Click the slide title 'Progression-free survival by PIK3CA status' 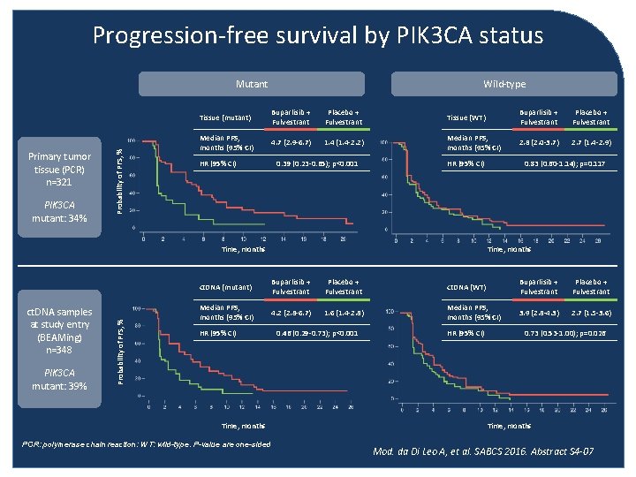pos(318,35)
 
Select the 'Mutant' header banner pos(252,84)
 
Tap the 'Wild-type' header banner pos(504,84)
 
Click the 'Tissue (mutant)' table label pos(224,117)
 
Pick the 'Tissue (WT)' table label pos(466,117)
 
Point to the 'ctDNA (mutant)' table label pos(226,287)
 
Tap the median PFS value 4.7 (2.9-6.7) pos(291,142)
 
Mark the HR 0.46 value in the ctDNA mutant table pos(316,334)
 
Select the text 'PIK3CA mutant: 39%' pos(57,380)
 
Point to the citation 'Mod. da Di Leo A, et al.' pos(482,451)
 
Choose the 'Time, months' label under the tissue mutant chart pos(242,250)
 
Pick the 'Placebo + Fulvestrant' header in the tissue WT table pos(591,117)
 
